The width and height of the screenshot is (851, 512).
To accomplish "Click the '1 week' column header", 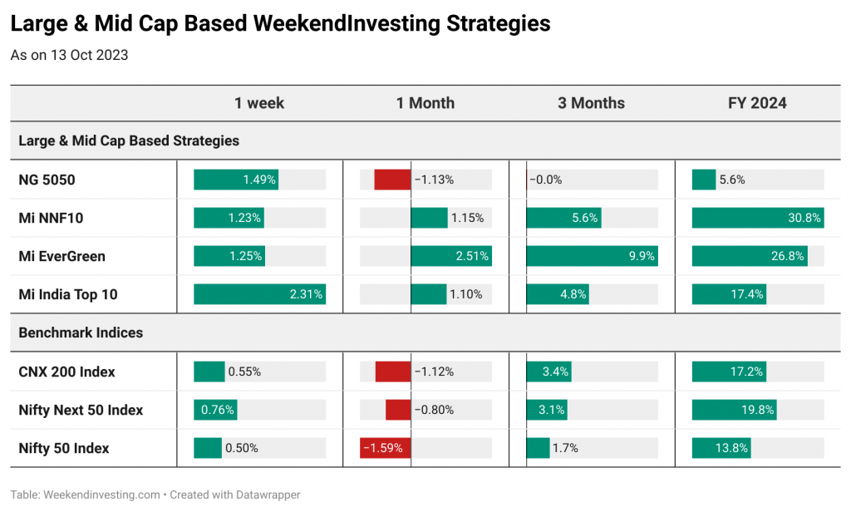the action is pyautogui.click(x=259, y=103).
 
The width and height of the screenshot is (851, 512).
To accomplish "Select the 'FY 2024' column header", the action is pyautogui.click(x=757, y=103).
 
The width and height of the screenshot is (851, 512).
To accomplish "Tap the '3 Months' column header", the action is pyautogui.click(x=591, y=103).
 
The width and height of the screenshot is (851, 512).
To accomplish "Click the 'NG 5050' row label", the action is pyautogui.click(x=47, y=180).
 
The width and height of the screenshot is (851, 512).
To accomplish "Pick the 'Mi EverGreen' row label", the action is pyautogui.click(x=61, y=256).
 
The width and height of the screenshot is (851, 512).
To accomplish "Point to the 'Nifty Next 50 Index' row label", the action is pyautogui.click(x=81, y=410).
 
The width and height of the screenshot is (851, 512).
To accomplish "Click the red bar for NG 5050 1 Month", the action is pyautogui.click(x=392, y=180).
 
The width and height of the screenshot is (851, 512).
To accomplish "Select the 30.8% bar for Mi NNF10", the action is pyautogui.click(x=758, y=218).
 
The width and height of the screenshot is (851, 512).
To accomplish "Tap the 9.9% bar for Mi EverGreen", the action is pyautogui.click(x=592, y=256).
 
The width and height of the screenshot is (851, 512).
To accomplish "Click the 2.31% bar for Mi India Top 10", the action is pyautogui.click(x=259, y=294).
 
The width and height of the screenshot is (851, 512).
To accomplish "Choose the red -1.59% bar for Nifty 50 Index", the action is pyautogui.click(x=386, y=448).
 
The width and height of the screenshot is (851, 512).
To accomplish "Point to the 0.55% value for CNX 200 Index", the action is pyautogui.click(x=244, y=372).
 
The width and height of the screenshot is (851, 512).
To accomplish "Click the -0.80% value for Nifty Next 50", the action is pyautogui.click(x=434, y=410).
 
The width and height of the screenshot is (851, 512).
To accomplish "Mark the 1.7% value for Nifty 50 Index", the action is pyautogui.click(x=565, y=448).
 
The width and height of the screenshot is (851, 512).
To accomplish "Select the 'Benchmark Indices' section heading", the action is pyautogui.click(x=81, y=332).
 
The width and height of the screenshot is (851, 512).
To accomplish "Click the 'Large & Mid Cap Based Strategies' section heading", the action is pyautogui.click(x=129, y=140).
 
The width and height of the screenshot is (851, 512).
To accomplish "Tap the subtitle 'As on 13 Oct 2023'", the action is pyautogui.click(x=70, y=56).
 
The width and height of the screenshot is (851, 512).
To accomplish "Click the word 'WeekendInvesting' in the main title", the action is pyautogui.click(x=347, y=24).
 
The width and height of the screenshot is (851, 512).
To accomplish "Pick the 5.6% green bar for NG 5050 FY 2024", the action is pyautogui.click(x=704, y=180).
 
